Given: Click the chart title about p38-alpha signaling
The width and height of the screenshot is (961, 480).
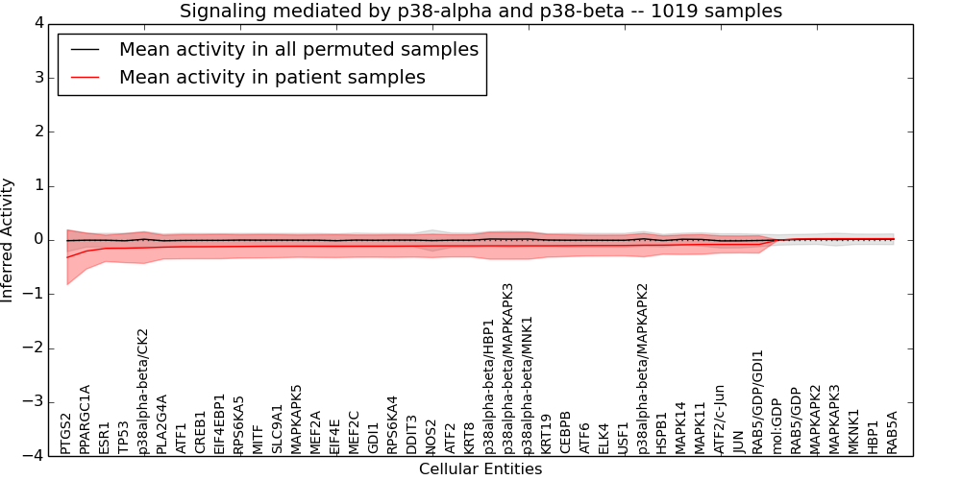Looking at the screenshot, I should (x=480, y=12).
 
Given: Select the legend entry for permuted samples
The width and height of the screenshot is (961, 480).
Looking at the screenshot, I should (x=298, y=49).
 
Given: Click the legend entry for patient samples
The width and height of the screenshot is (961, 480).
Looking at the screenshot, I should (x=272, y=77).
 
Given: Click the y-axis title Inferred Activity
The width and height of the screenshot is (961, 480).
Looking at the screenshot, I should (x=9, y=240).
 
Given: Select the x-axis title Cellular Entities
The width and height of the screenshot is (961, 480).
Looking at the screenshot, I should (x=480, y=469).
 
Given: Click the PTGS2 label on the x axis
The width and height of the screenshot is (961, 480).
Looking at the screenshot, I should (x=66, y=433).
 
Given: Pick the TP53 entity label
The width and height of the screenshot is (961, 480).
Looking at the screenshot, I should (x=124, y=437).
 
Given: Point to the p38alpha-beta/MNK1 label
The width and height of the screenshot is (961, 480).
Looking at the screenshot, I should (x=528, y=384).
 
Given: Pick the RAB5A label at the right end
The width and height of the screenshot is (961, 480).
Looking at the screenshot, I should (x=893, y=432).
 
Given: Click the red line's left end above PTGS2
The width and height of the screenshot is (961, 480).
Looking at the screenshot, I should (x=66, y=257).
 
